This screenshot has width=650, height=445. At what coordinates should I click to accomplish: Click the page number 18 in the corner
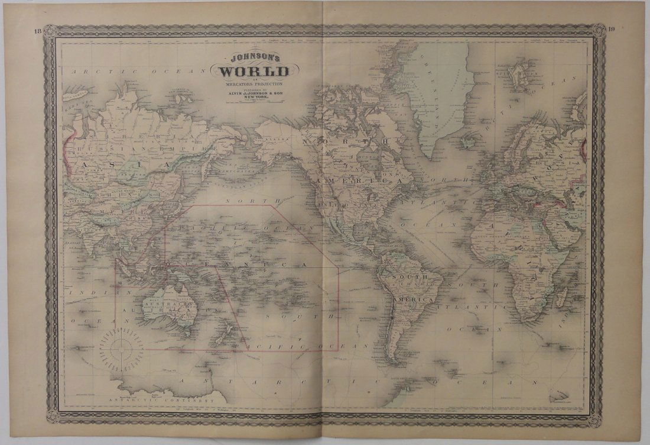coord(37,31)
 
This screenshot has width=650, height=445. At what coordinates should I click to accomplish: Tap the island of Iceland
coord(470,141)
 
